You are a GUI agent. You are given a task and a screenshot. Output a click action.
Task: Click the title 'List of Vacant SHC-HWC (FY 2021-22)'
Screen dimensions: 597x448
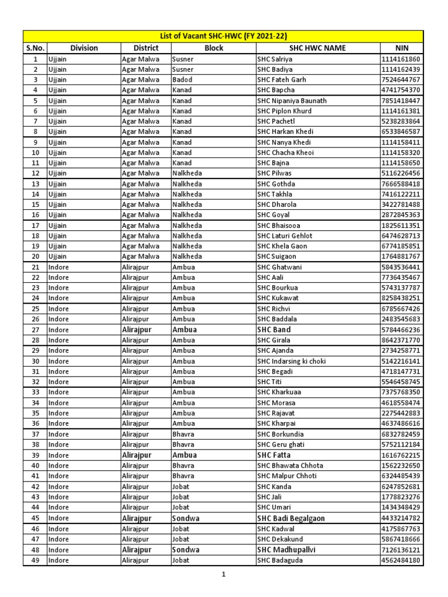223,36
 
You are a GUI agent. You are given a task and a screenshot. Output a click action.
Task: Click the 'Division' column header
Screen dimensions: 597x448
83,48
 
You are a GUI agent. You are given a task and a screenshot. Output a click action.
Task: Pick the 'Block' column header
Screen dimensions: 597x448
213,48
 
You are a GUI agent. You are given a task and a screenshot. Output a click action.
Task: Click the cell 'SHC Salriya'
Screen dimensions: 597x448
275,59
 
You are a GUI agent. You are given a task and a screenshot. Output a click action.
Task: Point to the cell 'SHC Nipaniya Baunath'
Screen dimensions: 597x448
292,101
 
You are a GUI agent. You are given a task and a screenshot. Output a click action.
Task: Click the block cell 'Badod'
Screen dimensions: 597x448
182,80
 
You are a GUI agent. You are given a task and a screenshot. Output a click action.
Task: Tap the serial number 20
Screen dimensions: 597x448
35,257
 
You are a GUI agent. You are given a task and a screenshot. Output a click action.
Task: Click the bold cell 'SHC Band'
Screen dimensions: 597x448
274,330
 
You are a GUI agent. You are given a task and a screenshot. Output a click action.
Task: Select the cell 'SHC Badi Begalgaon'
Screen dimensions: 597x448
290,518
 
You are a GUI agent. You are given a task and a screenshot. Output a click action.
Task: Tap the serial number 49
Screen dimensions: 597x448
35,561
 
